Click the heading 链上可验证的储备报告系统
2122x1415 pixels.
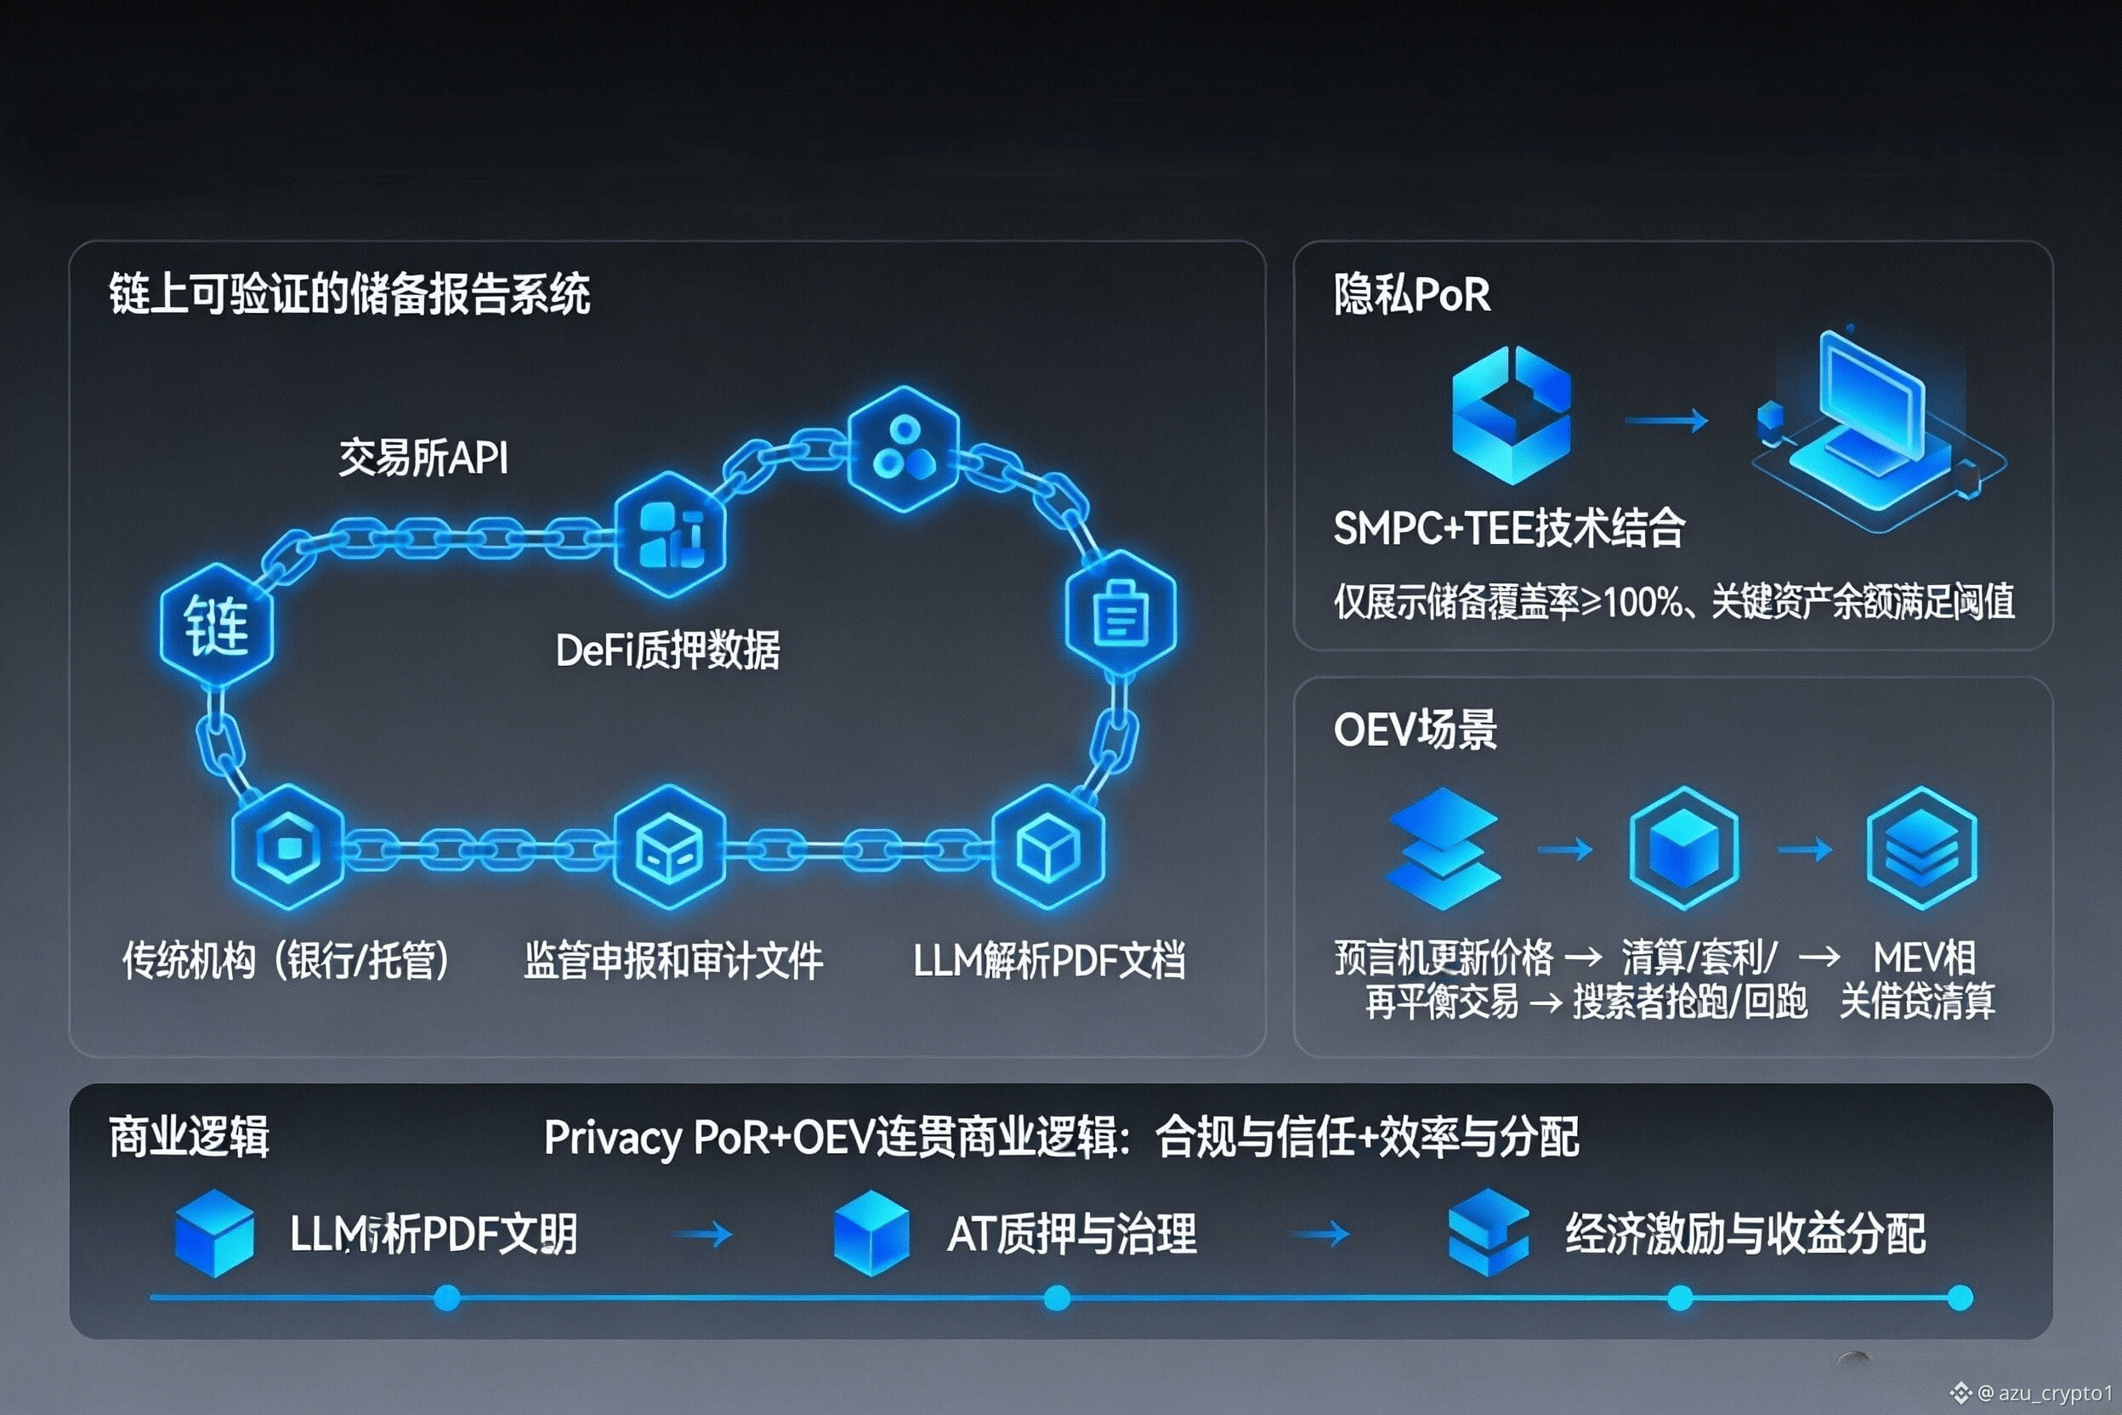349,294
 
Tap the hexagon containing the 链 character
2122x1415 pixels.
217,625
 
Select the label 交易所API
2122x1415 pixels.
423,458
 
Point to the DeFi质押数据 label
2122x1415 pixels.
667,651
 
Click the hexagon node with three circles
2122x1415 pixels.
903,448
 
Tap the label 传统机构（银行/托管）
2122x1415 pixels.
286,960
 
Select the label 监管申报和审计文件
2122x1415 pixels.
673,960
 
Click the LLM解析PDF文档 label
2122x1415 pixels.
1048,960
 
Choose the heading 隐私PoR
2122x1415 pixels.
1412,294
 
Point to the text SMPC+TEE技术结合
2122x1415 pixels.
1508,528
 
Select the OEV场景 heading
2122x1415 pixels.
1415,729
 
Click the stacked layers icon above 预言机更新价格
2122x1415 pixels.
1444,849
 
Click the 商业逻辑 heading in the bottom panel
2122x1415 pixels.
189,1137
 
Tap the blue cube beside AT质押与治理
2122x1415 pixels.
871,1233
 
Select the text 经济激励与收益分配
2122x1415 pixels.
1745,1234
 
